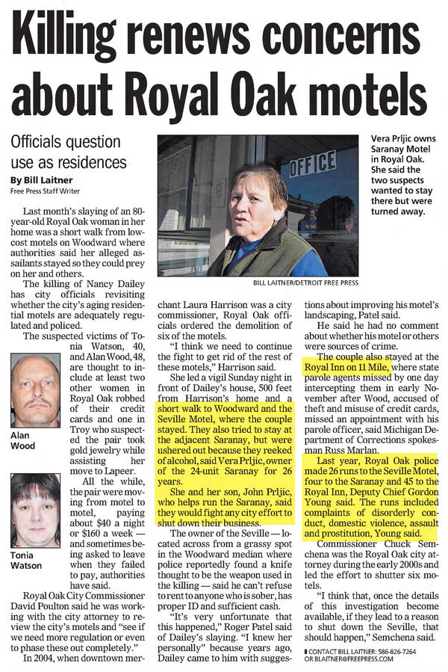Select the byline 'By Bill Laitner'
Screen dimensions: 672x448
click(40, 179)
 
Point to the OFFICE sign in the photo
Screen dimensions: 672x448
click(312, 164)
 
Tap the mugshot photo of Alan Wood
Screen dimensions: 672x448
click(34, 390)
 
